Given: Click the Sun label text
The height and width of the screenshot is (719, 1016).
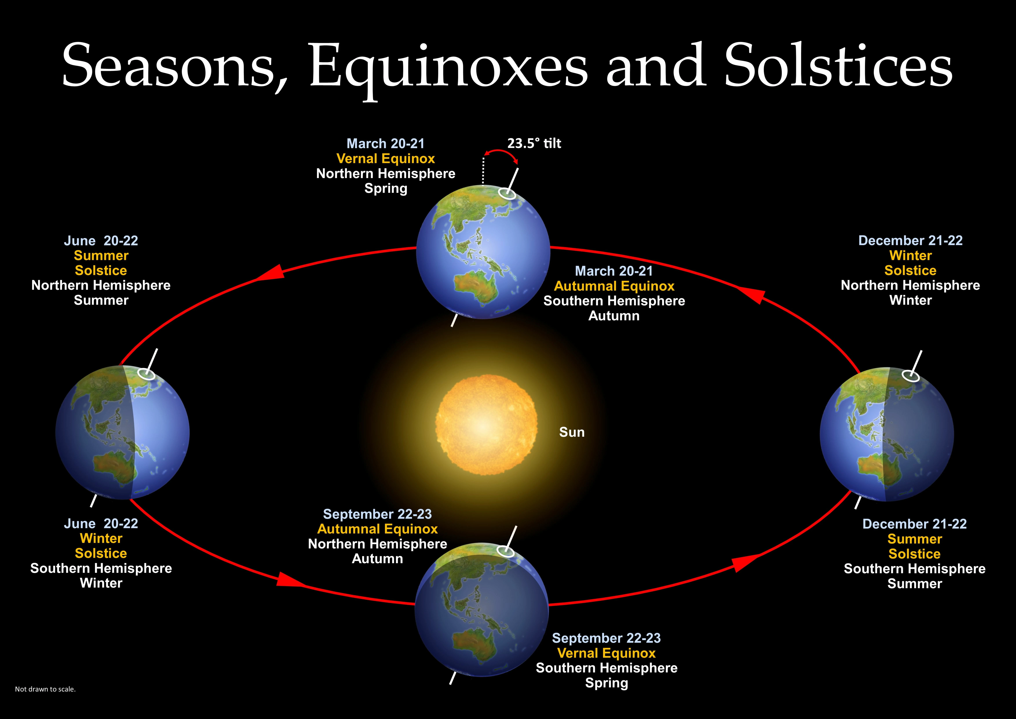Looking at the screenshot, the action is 572,432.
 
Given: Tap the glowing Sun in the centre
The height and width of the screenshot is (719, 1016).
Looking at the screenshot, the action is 486,425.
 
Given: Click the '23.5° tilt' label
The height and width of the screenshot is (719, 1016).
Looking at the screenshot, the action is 534,143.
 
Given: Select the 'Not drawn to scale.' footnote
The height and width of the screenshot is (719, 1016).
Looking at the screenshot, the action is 45,689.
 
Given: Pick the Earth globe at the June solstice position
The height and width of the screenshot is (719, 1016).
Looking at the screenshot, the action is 123,433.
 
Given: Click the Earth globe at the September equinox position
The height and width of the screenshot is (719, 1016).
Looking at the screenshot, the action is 481,610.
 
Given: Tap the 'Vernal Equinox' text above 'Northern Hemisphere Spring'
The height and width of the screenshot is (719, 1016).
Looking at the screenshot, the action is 385,159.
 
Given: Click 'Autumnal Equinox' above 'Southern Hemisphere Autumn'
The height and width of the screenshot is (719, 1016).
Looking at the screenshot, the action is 614,286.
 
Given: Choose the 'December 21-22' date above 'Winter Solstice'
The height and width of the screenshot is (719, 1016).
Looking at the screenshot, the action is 911,240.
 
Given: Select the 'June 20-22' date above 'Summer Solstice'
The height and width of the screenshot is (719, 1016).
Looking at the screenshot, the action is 101,240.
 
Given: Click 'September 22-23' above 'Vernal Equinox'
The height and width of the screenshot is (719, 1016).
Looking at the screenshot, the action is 606,638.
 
